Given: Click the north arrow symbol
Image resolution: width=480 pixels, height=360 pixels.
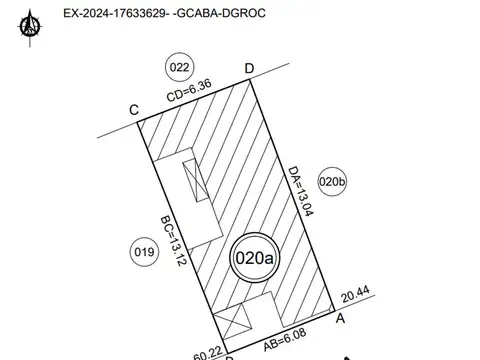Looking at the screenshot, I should click(x=34, y=23).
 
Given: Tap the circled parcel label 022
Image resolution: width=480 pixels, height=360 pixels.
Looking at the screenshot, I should click(x=179, y=68).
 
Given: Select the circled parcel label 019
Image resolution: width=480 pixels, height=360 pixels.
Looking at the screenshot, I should click(x=144, y=252).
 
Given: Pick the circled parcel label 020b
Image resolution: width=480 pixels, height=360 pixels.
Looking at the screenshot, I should click(x=332, y=182).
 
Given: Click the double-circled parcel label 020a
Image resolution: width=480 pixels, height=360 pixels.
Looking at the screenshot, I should click(x=254, y=257).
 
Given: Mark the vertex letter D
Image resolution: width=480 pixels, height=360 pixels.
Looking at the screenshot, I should click(x=249, y=67).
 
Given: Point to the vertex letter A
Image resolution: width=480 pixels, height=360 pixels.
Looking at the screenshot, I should click(x=341, y=318).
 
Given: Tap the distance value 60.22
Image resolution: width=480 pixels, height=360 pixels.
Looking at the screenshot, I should click(x=207, y=353).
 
